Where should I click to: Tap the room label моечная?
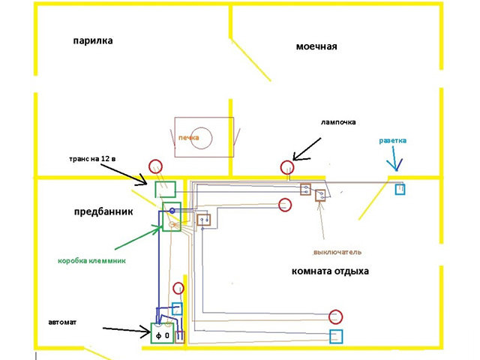point(316,46)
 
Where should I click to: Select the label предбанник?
point(103,211)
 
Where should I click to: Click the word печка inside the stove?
point(188,138)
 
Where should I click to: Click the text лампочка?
point(337,121)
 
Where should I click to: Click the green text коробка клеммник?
point(90,261)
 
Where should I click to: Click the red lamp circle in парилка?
point(155,166)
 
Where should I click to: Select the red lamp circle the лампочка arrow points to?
point(286,167)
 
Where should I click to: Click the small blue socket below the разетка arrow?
point(400,189)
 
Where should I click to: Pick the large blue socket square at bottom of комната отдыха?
point(337,336)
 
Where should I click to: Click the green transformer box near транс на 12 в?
point(165,188)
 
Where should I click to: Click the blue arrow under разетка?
point(393,163)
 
